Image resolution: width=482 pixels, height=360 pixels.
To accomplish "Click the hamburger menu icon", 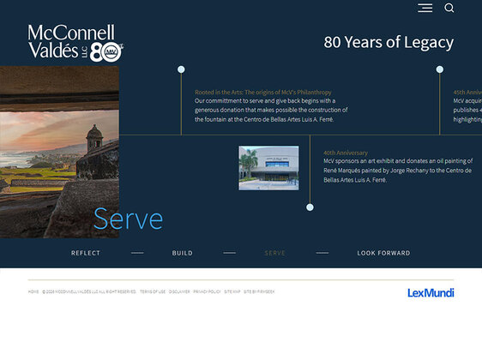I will (425, 9).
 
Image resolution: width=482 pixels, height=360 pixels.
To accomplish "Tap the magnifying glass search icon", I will (449, 9).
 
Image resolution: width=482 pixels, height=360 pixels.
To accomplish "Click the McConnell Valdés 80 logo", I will (75, 43).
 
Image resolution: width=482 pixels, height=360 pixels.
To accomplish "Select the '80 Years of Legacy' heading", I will (389, 42).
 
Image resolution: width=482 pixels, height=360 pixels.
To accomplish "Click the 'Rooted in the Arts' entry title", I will (262, 92).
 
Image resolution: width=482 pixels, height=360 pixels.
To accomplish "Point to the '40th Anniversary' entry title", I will (346, 153).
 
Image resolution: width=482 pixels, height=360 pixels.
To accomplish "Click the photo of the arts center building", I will (268, 168).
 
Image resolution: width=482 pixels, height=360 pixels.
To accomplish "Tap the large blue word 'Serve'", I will (128, 219).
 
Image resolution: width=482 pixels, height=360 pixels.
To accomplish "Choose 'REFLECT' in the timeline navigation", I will (86, 253).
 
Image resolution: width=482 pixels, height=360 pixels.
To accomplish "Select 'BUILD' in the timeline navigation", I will (182, 253).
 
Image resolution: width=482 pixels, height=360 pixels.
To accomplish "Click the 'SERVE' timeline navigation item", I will (275, 253).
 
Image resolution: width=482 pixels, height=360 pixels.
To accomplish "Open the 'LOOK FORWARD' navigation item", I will (383, 253).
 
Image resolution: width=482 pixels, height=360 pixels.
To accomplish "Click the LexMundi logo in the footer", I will (431, 293).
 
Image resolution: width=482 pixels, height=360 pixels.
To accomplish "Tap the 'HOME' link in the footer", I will (33, 291).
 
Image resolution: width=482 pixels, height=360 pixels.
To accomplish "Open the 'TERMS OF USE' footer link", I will (153, 291).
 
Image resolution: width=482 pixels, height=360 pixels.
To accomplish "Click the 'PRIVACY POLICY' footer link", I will (207, 291).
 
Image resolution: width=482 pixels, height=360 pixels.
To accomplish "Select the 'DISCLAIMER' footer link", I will (179, 291).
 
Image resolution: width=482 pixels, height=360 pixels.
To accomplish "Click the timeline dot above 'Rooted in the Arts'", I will (181, 69).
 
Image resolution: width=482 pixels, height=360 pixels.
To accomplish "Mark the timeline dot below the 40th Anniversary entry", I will (310, 207).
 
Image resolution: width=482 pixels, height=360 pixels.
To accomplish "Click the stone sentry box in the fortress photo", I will (93, 135).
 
